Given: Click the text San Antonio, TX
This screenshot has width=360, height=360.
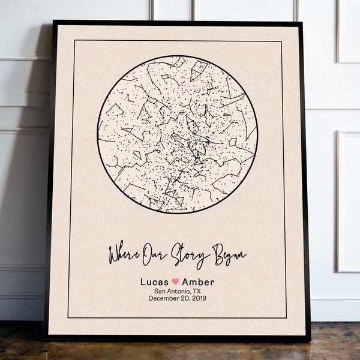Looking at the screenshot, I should tap(176, 291).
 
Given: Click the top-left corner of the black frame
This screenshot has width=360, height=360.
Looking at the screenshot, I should tap(53, 22).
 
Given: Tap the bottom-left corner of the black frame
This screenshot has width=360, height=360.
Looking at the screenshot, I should tap(44, 340).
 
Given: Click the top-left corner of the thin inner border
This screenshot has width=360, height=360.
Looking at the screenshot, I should tap(74, 41).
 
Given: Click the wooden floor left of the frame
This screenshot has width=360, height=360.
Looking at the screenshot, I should tap(21, 342).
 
